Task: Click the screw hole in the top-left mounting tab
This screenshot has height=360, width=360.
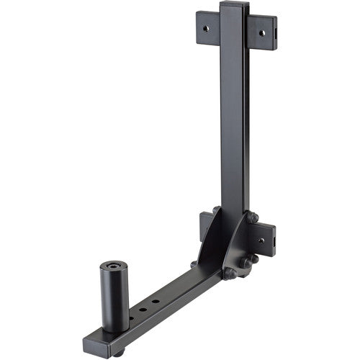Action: click(207, 27)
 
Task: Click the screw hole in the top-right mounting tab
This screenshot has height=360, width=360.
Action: click(262, 32)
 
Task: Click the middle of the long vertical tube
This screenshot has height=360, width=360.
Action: click(235, 115)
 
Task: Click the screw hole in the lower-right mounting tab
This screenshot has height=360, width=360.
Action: click(261, 240)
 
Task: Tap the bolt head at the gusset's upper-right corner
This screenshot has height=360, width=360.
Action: click(253, 217)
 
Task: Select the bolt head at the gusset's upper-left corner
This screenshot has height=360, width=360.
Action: click(216, 210)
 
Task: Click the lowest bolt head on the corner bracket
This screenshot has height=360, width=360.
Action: click(230, 274)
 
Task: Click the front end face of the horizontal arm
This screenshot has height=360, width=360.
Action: click(96, 343)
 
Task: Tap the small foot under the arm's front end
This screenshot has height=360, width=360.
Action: click(117, 352)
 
